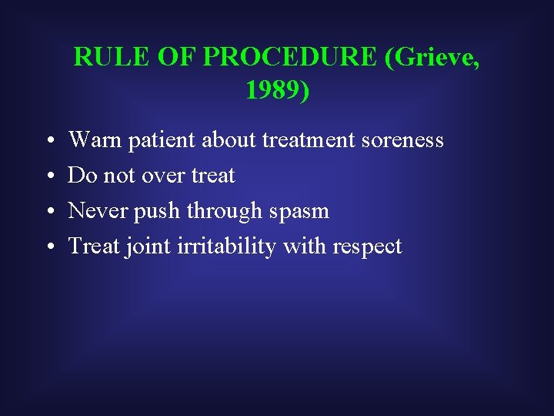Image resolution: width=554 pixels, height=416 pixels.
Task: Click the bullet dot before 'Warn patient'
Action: (48, 141)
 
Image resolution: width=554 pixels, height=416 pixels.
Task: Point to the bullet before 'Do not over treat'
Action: (48, 176)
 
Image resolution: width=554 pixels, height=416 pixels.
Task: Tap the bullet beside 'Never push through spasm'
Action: (48, 212)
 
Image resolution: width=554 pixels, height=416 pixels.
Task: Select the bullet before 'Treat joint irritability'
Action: (48, 247)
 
